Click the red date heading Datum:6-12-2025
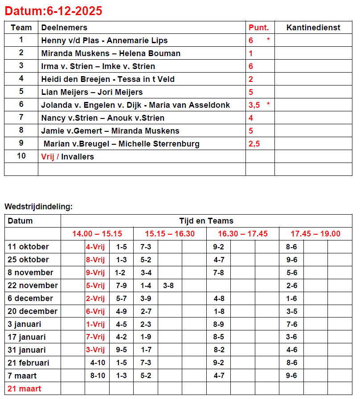coord(53,11)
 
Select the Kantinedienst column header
coord(313,28)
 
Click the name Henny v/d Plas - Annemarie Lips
coord(104,41)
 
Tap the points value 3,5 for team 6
coord(254,105)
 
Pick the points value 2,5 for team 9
coord(254,144)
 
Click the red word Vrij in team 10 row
coord(48,157)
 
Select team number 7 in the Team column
coord(21,118)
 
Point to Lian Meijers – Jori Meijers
coord(92,92)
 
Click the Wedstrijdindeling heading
coord(38,207)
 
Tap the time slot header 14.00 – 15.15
coord(97,234)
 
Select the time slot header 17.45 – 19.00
coord(315,234)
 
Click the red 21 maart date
coord(25,389)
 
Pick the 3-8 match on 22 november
coord(168,285)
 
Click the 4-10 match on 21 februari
coord(98,363)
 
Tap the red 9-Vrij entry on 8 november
coord(95,273)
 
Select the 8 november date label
coord(30,273)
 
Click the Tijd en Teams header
coord(206,221)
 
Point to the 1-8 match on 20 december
coord(219,311)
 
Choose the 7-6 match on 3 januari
coord(291,324)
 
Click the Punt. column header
coord(259,28)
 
